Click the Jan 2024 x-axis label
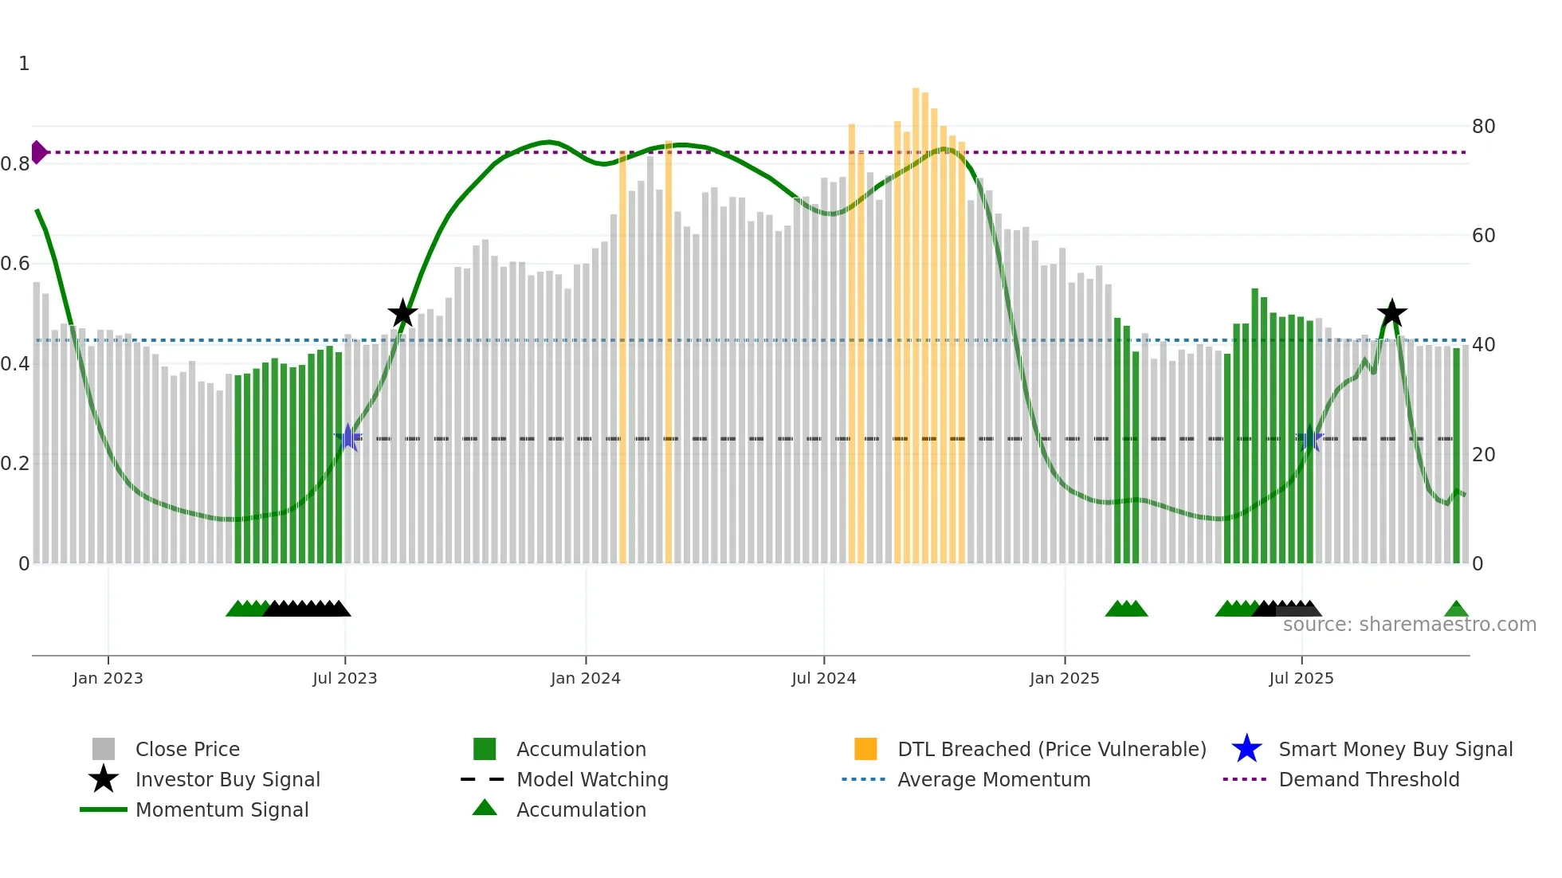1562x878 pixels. (x=585, y=678)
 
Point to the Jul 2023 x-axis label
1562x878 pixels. (x=344, y=678)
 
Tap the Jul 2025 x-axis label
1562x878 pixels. (x=1301, y=678)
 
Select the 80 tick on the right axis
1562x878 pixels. (x=1483, y=127)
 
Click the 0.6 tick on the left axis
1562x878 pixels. (x=15, y=264)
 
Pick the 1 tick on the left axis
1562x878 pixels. (x=24, y=64)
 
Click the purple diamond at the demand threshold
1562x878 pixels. (x=38, y=152)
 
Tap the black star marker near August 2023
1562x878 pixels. (x=402, y=313)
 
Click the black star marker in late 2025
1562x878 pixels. (x=1391, y=313)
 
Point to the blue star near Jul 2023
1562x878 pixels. (x=347, y=438)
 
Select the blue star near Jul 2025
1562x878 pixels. (x=1309, y=438)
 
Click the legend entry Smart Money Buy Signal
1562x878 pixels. (x=1395, y=750)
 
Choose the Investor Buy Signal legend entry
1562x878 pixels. (x=227, y=780)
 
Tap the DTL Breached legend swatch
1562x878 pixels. (x=865, y=750)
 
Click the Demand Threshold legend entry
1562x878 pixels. (x=1368, y=780)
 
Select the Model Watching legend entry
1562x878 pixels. (x=591, y=780)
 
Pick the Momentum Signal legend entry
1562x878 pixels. (x=222, y=810)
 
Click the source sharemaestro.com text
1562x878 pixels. (x=1409, y=625)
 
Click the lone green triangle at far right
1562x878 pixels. (x=1456, y=610)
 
